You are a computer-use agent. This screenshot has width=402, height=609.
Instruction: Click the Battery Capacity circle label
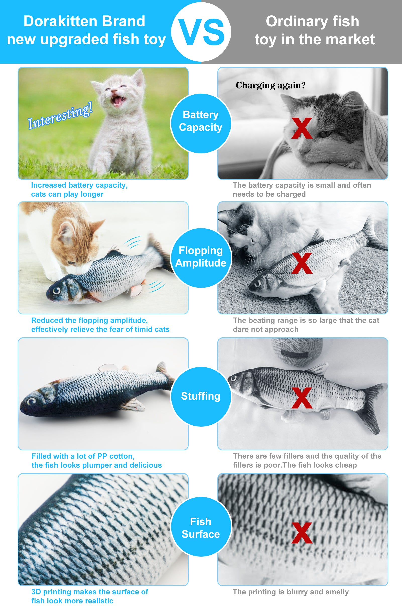[200, 121]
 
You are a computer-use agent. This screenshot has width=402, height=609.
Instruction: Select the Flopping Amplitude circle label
[200, 257]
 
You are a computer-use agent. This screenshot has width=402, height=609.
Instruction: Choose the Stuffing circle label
[200, 396]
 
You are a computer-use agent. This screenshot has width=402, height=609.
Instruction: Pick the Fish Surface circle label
[200, 528]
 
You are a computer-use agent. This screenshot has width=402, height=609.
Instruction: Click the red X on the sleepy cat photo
[302, 128]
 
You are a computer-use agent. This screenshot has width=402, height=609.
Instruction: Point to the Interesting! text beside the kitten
[60, 116]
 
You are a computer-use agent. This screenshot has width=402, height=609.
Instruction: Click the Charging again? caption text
[270, 85]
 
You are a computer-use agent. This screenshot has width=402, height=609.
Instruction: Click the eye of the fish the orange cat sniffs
[57, 291]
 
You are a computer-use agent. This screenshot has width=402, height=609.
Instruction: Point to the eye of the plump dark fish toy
[32, 401]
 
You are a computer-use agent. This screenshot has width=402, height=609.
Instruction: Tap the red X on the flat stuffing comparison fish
[302, 398]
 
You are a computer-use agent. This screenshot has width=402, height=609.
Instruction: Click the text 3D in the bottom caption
[36, 592]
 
